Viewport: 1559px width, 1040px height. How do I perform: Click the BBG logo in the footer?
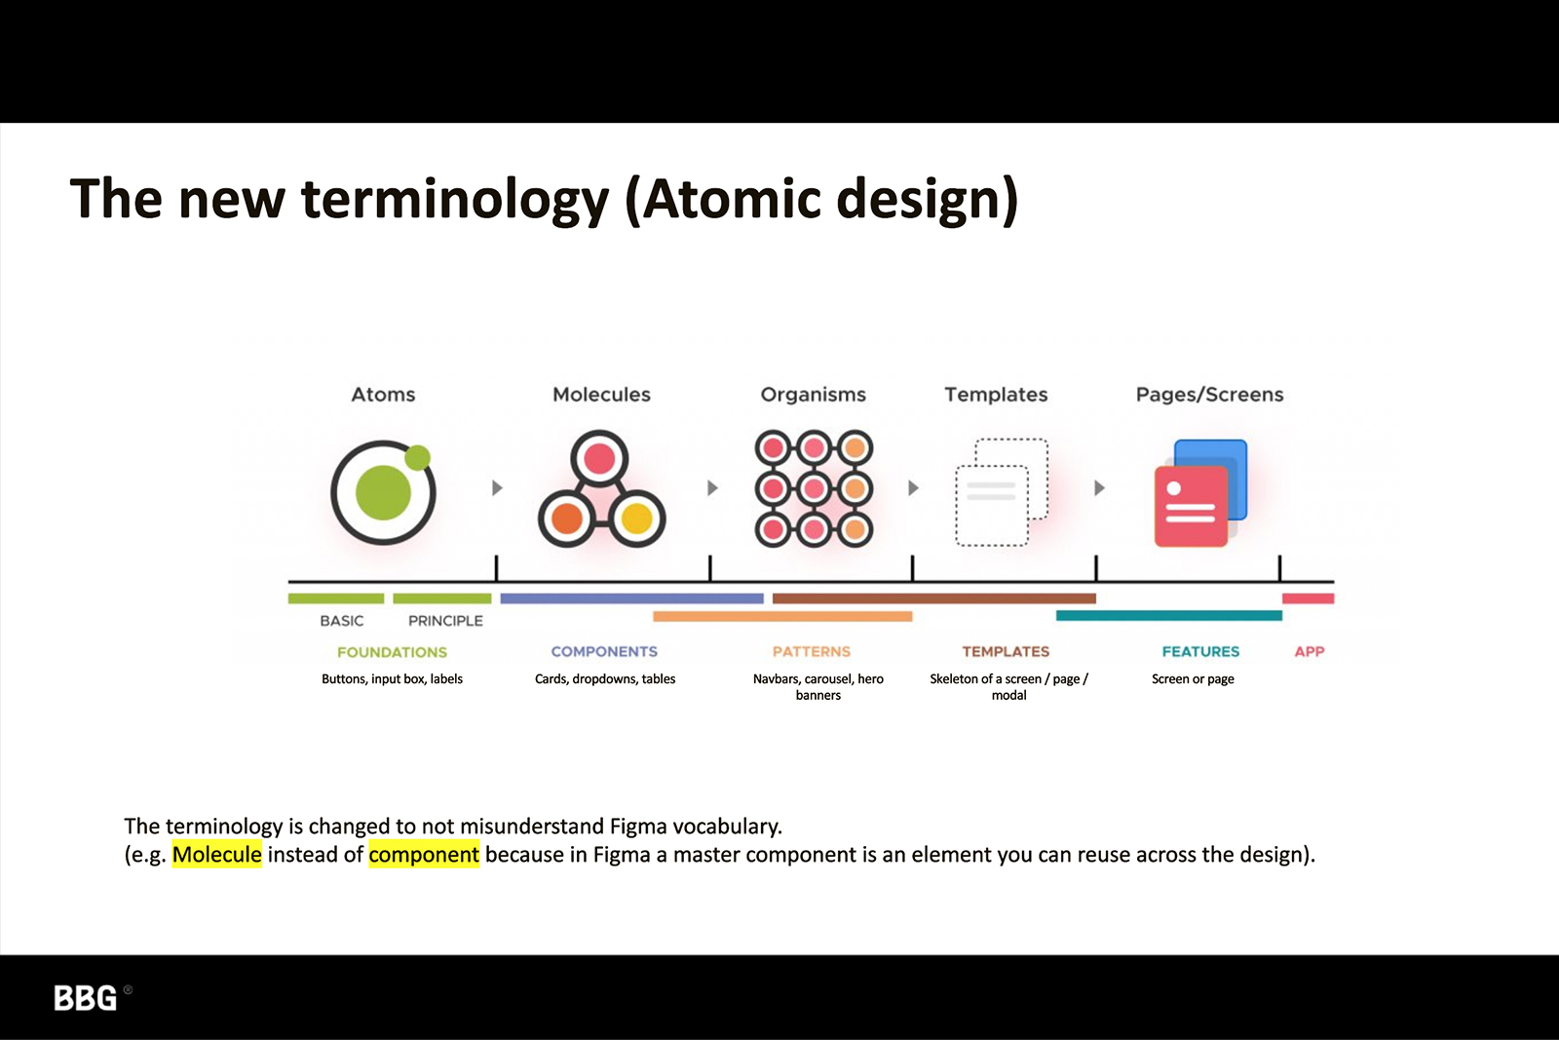(86, 997)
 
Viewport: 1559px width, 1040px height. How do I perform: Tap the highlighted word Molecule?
(217, 854)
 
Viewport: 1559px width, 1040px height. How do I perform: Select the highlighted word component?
(424, 855)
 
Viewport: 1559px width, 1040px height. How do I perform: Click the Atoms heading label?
(383, 395)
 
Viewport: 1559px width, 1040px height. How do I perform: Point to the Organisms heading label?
(813, 396)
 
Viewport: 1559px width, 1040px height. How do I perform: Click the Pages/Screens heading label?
(1209, 395)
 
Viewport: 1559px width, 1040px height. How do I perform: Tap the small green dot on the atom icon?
(418, 457)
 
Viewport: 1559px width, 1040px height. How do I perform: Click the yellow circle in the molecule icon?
(636, 519)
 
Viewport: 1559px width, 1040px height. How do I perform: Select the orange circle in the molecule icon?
(567, 519)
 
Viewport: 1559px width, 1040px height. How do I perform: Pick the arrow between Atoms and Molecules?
(497, 487)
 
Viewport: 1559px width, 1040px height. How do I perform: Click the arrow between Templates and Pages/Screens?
(1100, 487)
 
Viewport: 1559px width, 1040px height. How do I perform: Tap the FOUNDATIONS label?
(392, 652)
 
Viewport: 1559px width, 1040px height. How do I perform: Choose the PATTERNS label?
(812, 651)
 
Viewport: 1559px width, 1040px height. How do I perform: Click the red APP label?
(1310, 651)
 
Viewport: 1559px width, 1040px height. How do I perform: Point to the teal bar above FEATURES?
(1169, 615)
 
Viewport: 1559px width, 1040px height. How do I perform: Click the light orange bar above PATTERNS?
(782, 616)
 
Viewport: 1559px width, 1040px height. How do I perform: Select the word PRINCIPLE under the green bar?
(445, 620)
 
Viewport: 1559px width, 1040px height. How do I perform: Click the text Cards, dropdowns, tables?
(605, 678)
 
